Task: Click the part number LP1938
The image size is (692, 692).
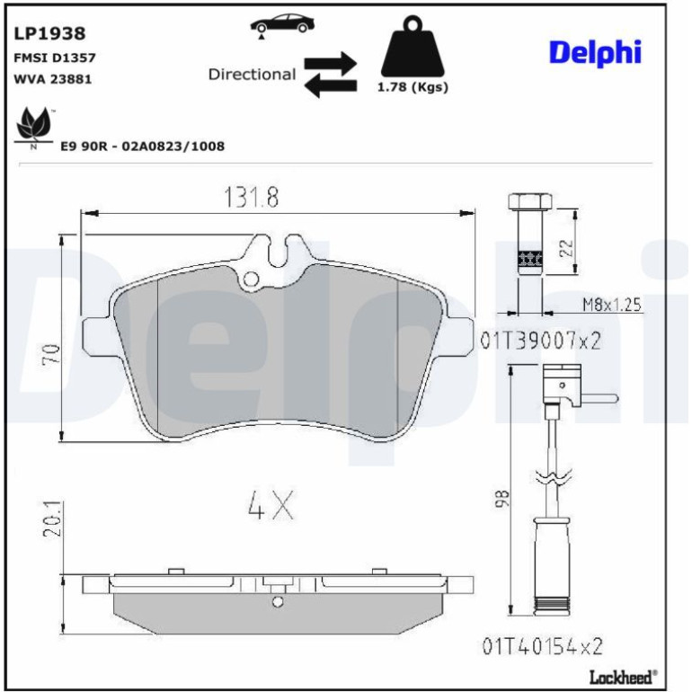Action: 49,33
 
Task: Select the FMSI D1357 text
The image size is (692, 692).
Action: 55,58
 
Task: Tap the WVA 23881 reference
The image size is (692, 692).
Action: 53,79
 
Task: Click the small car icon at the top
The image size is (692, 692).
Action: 282,24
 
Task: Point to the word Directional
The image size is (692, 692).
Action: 252,74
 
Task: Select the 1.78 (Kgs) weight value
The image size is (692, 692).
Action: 413,87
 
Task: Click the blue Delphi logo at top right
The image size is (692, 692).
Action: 595,53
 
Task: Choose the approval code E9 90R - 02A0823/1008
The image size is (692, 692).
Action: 143,146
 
